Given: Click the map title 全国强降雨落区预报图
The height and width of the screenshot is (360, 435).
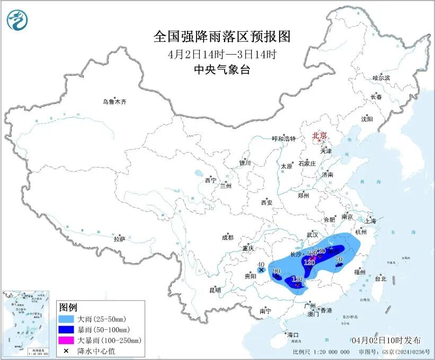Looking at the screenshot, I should pyautogui.click(x=222, y=36).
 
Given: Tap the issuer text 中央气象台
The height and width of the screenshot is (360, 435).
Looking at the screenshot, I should pyautogui.click(x=222, y=69).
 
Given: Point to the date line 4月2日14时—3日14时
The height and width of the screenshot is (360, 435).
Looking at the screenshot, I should pyautogui.click(x=222, y=54).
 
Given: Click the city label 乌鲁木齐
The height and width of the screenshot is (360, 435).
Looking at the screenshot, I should pyautogui.click(x=115, y=102).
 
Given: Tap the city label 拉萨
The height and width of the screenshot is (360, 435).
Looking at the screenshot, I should pyautogui.click(x=119, y=239).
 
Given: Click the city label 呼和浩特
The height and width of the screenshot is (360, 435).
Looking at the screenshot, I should pyautogui.click(x=283, y=139).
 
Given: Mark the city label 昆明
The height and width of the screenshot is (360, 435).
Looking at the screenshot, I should pyautogui.click(x=215, y=290).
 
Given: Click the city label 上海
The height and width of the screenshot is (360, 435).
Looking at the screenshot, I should pyautogui.click(x=370, y=221).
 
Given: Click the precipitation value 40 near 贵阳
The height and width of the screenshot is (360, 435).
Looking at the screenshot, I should pyautogui.click(x=260, y=265).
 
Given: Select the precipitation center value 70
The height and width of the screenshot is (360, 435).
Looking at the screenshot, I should pyautogui.click(x=340, y=259).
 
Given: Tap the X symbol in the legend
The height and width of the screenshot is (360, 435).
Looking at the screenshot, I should pyautogui.click(x=67, y=350).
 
